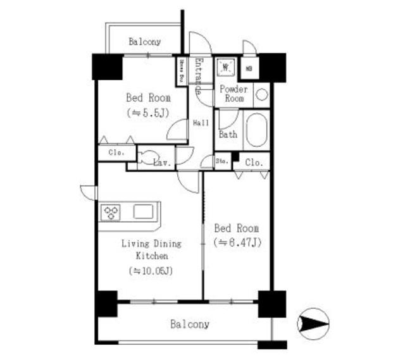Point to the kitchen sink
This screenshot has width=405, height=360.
point(143,211)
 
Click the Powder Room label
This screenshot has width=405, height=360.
point(234,94)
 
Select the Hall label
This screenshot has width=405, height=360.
point(201,122)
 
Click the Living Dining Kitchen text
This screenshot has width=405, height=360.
point(152,250)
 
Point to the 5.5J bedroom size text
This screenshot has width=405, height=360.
point(147,113)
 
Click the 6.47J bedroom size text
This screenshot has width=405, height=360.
point(237,242)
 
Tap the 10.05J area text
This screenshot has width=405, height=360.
point(152,271)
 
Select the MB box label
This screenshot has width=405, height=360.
point(249,68)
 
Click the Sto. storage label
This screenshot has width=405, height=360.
point(221,161)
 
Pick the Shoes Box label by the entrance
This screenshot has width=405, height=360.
point(182,71)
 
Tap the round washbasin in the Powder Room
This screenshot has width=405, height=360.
point(261,95)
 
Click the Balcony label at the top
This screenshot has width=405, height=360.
point(144,42)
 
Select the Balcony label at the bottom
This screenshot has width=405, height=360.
point(189,325)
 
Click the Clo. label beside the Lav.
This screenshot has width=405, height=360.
point(115,152)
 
